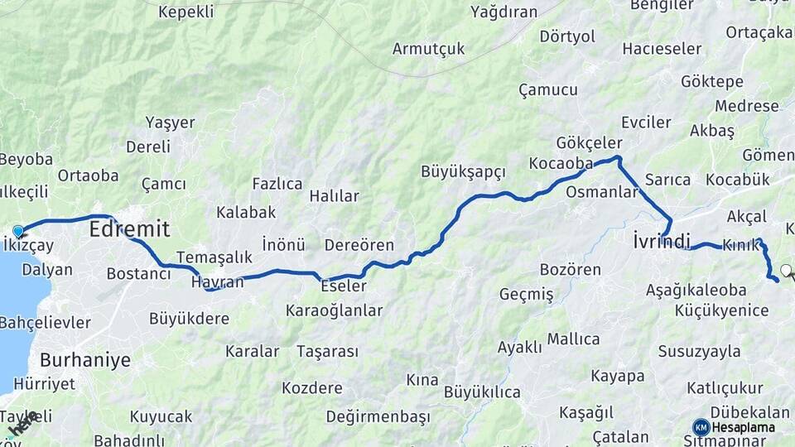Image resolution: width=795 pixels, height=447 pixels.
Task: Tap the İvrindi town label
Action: (661, 242)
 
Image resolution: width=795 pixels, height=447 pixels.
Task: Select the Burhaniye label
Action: (85, 360)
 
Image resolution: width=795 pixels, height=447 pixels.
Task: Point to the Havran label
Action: (217, 282)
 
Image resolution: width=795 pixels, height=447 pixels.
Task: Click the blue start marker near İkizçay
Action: (18, 231)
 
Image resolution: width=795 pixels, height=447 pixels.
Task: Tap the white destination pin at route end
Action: (785, 270)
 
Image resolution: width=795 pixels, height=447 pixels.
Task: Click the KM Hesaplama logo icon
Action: (701, 427)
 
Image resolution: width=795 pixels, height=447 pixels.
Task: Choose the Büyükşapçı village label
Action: (463, 171)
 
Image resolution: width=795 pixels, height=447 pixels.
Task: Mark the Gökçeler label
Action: (589, 142)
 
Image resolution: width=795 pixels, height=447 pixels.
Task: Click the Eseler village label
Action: (344, 286)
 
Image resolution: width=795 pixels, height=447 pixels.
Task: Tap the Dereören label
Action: (359, 245)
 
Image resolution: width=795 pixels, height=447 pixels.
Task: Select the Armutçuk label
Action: (428, 48)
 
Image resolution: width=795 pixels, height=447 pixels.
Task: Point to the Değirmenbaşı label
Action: (378, 416)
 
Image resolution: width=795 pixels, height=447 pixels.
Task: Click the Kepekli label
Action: (185, 12)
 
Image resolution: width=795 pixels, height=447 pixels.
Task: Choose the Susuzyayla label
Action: (699, 351)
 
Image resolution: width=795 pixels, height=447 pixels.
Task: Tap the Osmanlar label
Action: (602, 192)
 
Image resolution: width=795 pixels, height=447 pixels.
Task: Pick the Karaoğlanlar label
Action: (334, 310)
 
